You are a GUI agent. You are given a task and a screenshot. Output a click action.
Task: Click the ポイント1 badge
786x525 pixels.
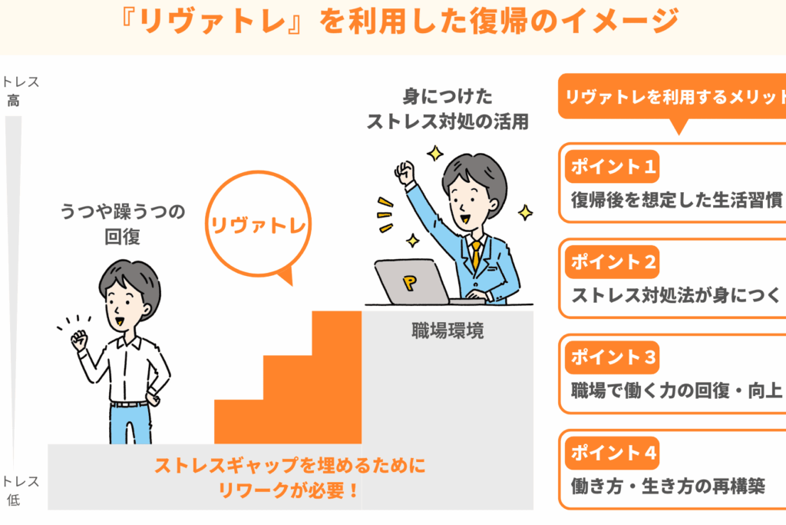[x=612, y=166]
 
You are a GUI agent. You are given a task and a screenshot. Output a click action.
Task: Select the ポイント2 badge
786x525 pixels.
[x=612, y=261]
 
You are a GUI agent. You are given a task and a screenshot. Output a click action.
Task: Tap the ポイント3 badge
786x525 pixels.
[x=612, y=357]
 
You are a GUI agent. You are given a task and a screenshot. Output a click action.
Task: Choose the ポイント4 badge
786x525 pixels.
[x=612, y=453]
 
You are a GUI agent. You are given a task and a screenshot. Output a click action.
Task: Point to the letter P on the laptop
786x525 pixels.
[x=410, y=283]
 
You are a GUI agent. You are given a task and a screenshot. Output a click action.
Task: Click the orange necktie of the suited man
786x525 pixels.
[x=475, y=255]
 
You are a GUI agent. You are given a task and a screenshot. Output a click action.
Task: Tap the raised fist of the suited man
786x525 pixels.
[x=405, y=171]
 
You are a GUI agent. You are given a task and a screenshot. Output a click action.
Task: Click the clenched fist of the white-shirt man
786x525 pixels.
[x=79, y=341]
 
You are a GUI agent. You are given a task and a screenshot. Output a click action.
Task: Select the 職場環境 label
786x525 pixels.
[x=447, y=331]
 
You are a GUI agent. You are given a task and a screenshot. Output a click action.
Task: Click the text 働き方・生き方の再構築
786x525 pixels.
[x=668, y=486]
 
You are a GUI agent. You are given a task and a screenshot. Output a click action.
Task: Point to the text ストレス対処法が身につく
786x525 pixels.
[x=676, y=294]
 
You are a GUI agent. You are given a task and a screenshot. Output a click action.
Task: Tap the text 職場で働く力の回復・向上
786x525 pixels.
[x=676, y=390]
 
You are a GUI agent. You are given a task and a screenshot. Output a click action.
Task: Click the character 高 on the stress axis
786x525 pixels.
[x=13, y=101]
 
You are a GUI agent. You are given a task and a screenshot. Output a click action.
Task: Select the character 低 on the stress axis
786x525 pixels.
[x=13, y=500]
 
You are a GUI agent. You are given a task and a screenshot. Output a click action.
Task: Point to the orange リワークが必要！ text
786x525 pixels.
[x=289, y=490]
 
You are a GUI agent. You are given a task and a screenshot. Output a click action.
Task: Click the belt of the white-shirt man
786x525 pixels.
[x=129, y=404]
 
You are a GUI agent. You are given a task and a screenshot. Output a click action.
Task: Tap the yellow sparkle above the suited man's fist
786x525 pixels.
[x=434, y=153]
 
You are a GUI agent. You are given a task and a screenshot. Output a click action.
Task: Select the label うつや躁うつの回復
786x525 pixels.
[x=122, y=224]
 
